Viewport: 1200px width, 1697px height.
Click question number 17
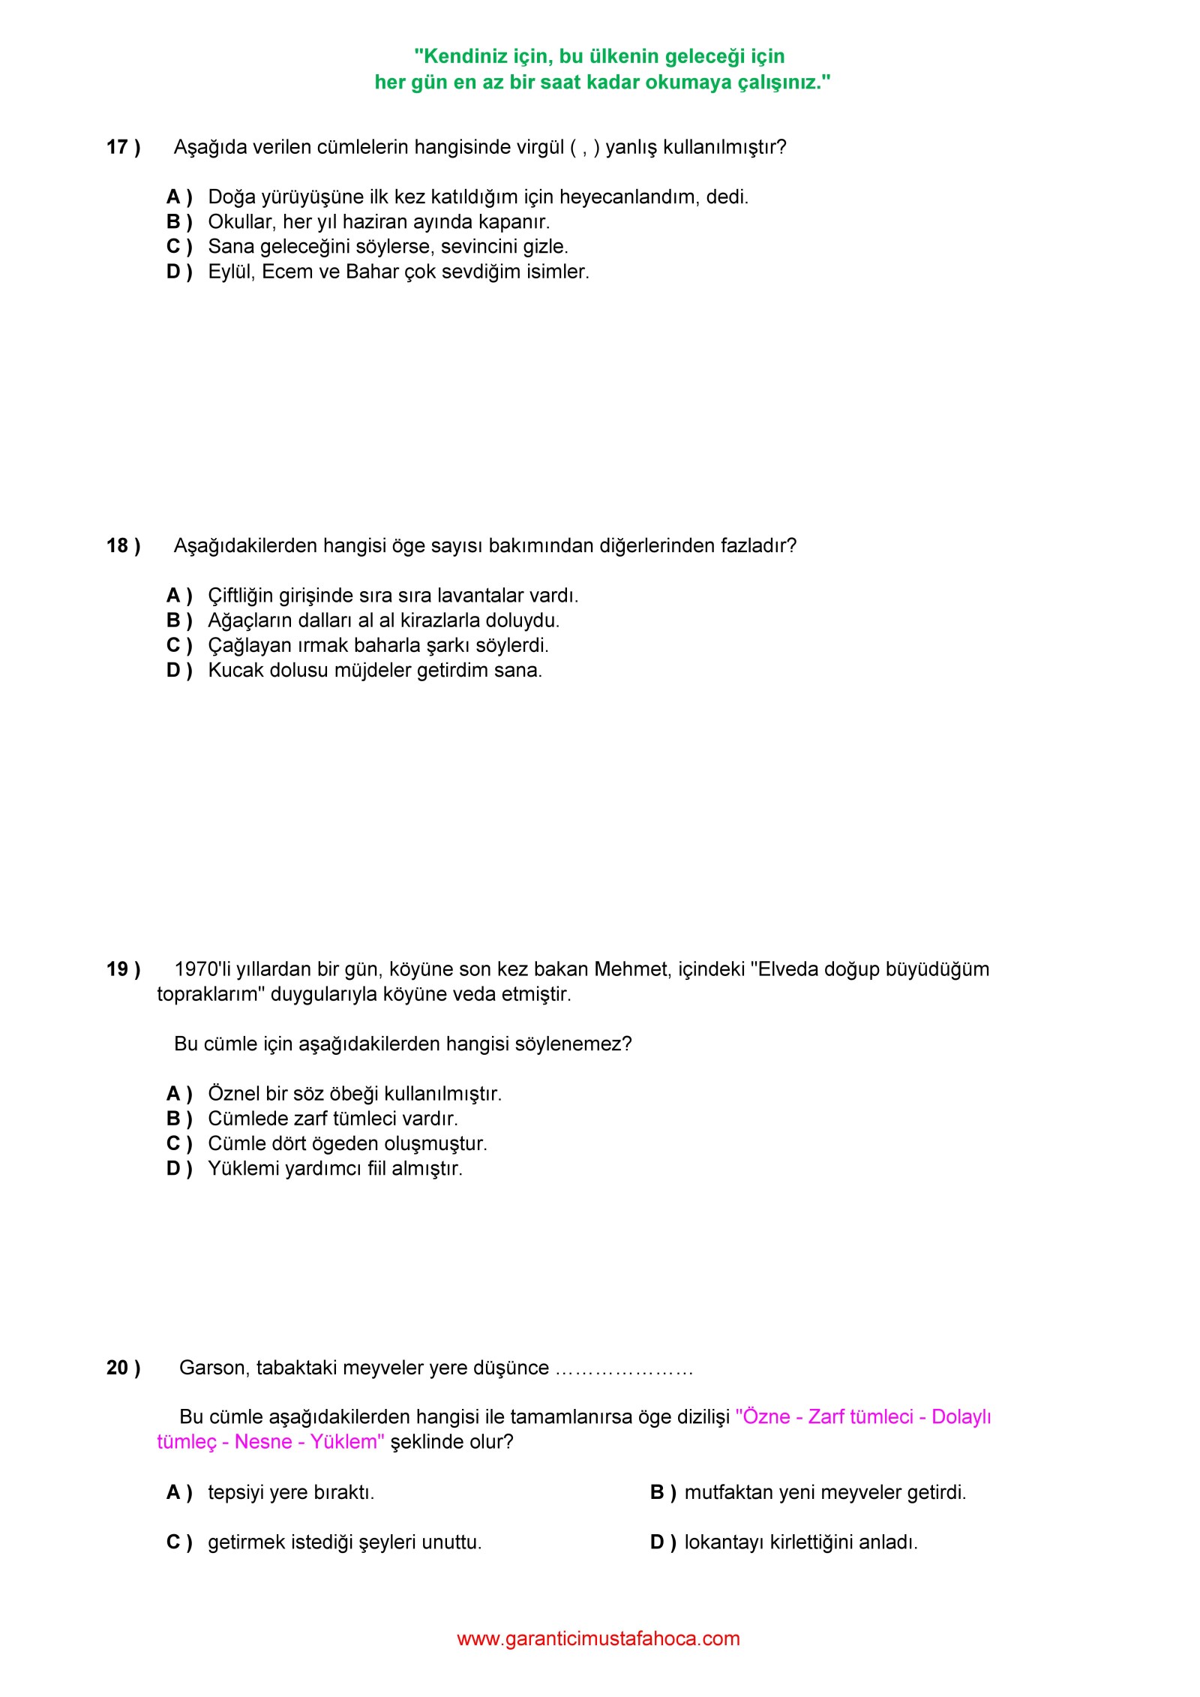tap(122, 147)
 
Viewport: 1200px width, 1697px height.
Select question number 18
tap(122, 545)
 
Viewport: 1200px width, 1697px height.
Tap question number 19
tap(122, 969)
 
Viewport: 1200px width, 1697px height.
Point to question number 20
tap(122, 1368)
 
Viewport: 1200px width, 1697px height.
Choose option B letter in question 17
tap(178, 222)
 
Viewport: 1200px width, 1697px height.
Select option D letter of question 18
tap(178, 670)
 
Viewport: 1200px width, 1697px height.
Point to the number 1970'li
tap(202, 969)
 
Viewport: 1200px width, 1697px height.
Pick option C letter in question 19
tap(178, 1143)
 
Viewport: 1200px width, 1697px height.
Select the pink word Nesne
tap(263, 1442)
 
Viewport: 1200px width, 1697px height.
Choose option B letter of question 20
tap(662, 1492)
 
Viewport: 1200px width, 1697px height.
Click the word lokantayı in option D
tap(724, 1542)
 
